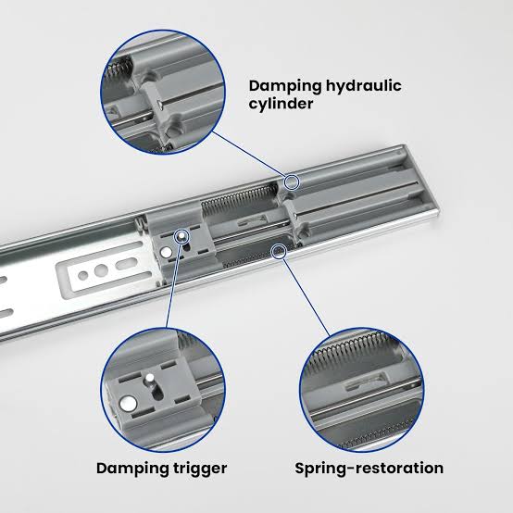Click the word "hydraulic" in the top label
point(364,87)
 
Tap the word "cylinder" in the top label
point(281,104)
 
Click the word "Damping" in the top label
point(284,87)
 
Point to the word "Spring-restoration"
point(369,469)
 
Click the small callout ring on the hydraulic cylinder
point(292,181)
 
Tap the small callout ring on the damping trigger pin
point(181,236)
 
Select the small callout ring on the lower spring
point(279,251)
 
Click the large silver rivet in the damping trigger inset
point(128,403)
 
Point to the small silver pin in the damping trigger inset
point(150,378)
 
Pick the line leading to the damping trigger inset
point(173,284)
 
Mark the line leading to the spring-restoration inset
point(307,297)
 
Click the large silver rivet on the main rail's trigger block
point(166,252)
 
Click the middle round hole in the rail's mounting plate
point(101,269)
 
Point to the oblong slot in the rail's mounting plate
point(126,264)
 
